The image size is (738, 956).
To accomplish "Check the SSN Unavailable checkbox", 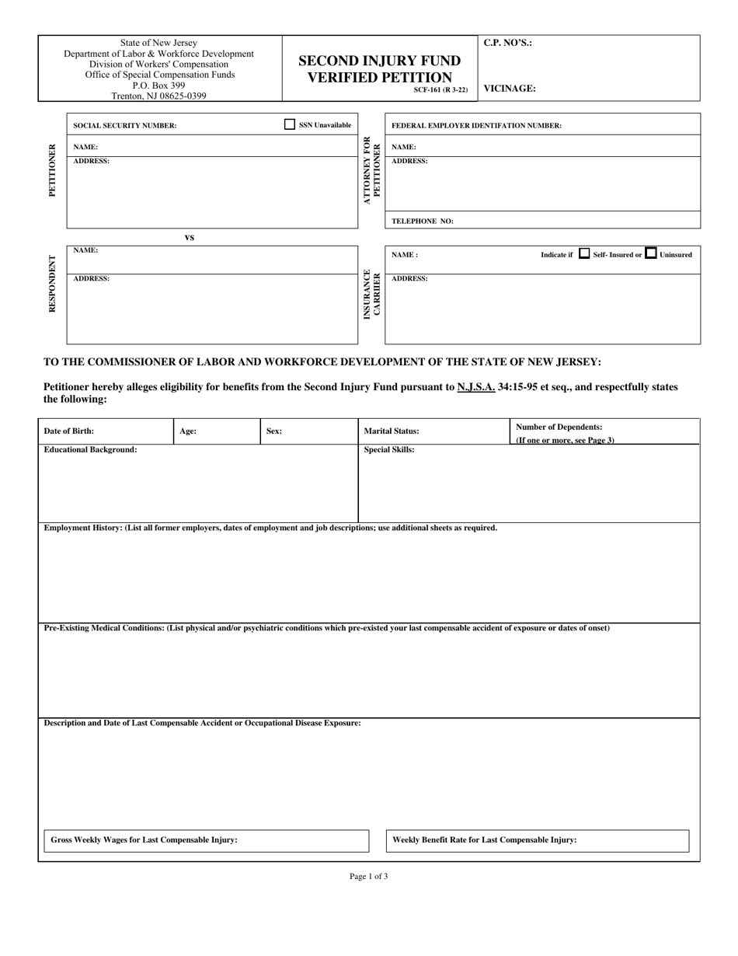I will click(x=290, y=124).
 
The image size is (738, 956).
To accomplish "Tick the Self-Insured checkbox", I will click(x=584, y=253).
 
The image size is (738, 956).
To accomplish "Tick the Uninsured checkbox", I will click(x=651, y=253).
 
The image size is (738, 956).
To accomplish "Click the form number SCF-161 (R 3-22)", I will click(x=440, y=90).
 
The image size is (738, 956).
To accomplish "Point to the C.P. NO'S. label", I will click(x=507, y=43).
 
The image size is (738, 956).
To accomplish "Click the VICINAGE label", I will click(x=510, y=89).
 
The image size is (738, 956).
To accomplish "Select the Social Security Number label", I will click(x=124, y=126).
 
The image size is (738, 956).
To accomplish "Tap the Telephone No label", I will click(x=422, y=222).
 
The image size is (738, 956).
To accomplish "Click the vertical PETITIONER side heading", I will click(x=53, y=170).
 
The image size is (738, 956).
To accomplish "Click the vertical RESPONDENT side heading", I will click(x=53, y=284).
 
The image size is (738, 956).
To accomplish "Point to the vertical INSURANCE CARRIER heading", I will click(x=372, y=294).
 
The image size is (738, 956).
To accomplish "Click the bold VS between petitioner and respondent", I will click(x=189, y=238).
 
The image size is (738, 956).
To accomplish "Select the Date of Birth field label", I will click(x=69, y=431).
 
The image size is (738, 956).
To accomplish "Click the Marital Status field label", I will click(x=392, y=431).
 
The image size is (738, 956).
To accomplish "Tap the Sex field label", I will click(x=273, y=431).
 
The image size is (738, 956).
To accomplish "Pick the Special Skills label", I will click(x=389, y=449).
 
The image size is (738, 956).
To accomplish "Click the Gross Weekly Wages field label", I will click(x=144, y=839).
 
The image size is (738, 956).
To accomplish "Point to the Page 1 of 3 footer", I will click(x=368, y=877).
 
